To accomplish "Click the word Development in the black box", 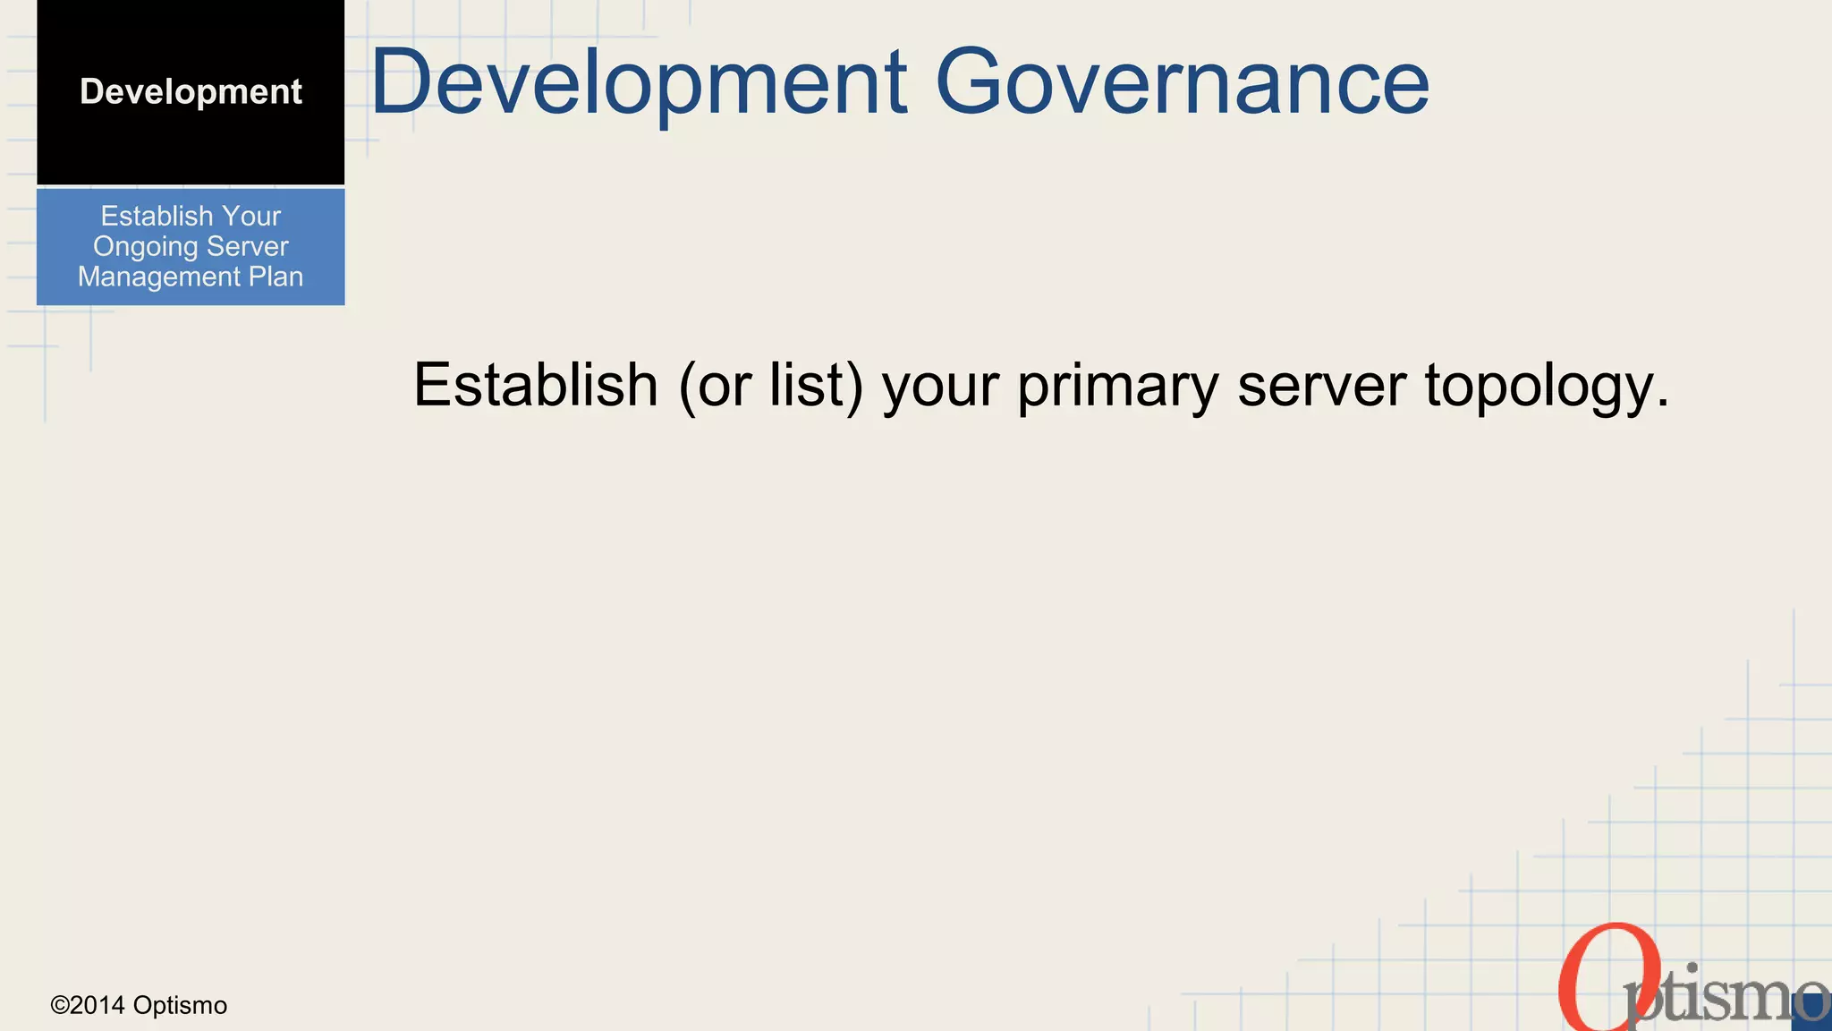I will [191, 92].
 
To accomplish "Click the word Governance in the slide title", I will [1182, 82].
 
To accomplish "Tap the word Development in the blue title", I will [639, 82].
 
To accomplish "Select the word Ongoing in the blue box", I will [146, 247].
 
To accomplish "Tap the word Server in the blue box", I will [248, 247].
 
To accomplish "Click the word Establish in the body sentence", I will [535, 386].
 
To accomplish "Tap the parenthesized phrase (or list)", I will [771, 386].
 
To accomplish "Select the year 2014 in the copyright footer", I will [98, 1006].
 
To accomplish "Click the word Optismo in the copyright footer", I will [180, 1006].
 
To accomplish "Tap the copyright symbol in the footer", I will [60, 1006].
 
